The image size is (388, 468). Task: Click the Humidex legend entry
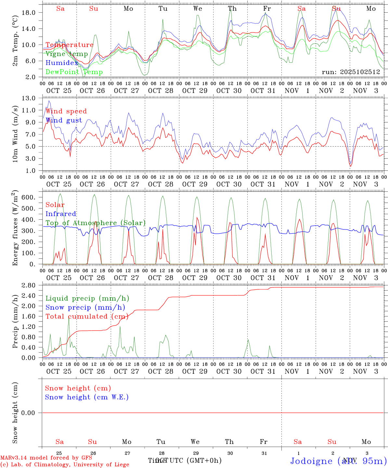click(x=62, y=63)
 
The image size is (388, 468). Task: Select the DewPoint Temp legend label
click(x=74, y=72)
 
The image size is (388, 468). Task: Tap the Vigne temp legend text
click(x=67, y=54)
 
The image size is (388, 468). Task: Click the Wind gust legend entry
click(x=64, y=120)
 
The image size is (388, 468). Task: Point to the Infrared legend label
click(x=61, y=214)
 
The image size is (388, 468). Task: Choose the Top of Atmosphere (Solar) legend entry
click(x=96, y=223)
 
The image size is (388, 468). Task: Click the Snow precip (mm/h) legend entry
click(x=85, y=307)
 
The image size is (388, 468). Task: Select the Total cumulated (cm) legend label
click(x=87, y=317)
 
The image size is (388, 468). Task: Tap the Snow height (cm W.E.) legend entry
click(x=87, y=397)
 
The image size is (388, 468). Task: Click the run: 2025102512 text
click(x=351, y=72)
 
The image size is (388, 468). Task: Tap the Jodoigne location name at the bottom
click(x=311, y=461)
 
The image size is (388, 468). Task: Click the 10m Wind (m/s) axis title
click(x=15, y=134)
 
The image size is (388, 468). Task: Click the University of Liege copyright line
click(x=65, y=465)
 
